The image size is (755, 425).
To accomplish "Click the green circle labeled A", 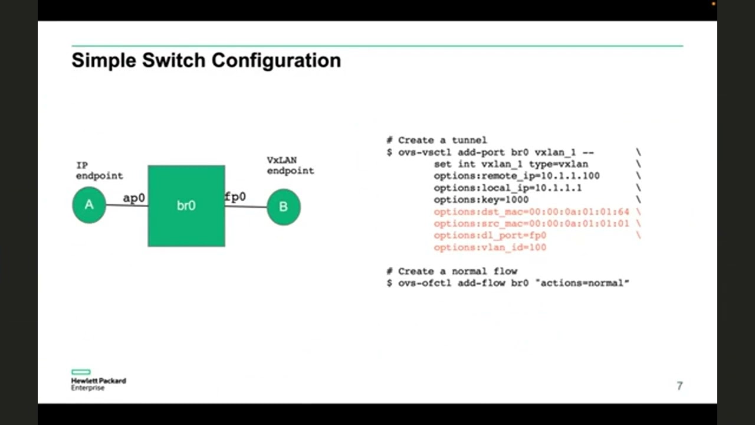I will click(x=89, y=205).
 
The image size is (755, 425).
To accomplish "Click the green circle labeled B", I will click(x=284, y=207).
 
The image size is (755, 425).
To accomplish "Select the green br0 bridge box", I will click(x=186, y=205).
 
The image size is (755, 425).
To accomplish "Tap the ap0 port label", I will click(x=134, y=198).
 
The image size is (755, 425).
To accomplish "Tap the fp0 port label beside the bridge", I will click(x=235, y=197).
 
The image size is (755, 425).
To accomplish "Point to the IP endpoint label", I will click(x=99, y=171).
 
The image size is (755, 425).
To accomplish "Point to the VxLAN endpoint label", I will click(x=290, y=165).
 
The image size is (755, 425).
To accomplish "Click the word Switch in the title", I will click(x=174, y=60).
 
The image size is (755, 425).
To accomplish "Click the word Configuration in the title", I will click(x=276, y=60).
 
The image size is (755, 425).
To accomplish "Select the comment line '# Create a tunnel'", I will click(x=436, y=140).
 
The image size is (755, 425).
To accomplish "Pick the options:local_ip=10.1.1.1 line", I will click(x=507, y=188).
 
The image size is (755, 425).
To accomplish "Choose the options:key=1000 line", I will click(x=481, y=200).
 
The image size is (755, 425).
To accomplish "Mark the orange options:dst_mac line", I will click(x=531, y=211).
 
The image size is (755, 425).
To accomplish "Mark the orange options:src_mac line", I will click(x=531, y=223).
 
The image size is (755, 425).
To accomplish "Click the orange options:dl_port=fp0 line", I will click(x=490, y=235).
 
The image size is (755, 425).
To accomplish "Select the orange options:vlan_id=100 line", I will click(x=490, y=247).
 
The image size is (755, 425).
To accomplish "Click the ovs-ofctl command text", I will click(x=421, y=283).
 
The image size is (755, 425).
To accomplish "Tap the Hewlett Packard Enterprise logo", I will click(x=98, y=381).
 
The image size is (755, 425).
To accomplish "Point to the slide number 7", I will click(x=679, y=386).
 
